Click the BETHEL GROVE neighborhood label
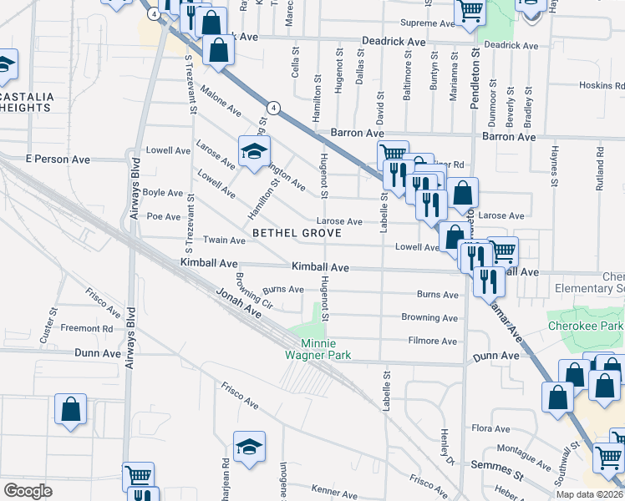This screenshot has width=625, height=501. [297, 233]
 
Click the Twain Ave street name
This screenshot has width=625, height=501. [224, 240]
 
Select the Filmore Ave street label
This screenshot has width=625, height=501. [432, 341]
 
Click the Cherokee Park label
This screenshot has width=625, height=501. [586, 326]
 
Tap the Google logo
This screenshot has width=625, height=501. [28, 491]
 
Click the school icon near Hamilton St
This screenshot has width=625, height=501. [255, 152]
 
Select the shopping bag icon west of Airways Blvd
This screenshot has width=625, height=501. [71, 409]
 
